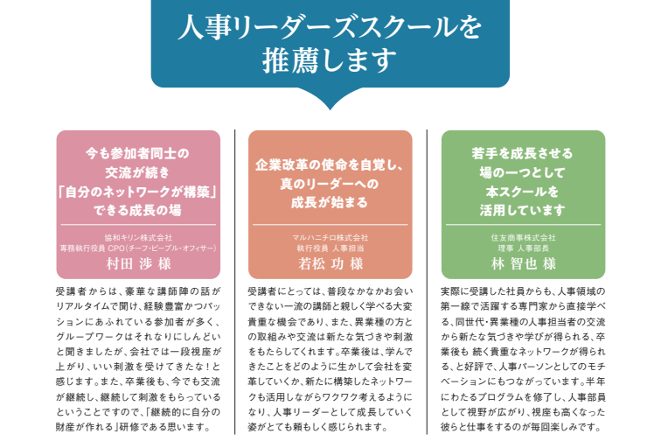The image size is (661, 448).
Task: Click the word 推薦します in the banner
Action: pos(330,59)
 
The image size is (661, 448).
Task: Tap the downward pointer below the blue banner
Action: pos(330,98)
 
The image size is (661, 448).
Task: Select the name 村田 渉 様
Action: pos(139,264)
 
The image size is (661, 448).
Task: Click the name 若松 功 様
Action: pos(330,264)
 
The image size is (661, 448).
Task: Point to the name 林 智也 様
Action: pos(524,264)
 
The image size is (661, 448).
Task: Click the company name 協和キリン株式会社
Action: pos(138,238)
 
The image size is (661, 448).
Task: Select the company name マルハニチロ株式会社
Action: pos(330,238)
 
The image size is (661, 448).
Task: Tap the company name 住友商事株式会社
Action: pos(523,238)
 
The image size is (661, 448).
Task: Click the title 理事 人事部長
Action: pos(523,248)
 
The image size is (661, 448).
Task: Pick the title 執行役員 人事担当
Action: pos(330,248)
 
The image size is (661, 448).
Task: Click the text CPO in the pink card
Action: pos(116,248)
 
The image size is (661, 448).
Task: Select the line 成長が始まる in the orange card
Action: pos(330,202)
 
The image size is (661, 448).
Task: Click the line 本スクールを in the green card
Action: pos(522,192)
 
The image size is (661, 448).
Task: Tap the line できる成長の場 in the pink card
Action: pos(138,210)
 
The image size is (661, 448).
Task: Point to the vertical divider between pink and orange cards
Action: pos(235,282)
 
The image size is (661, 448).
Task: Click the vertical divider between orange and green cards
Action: pos(427,282)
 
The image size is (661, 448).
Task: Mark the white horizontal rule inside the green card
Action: pos(523,225)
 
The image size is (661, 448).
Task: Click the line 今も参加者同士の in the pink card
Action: pos(138,153)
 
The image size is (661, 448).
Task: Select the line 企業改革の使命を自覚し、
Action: pos(330,165)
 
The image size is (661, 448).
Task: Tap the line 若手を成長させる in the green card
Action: pos(522,153)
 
